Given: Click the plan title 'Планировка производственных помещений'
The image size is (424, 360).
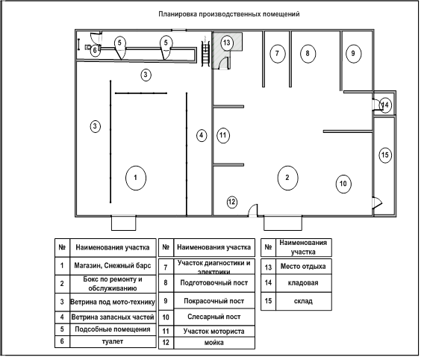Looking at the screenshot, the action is pyautogui.click(x=228, y=14).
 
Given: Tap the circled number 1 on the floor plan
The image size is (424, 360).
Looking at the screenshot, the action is pyautogui.click(x=136, y=178).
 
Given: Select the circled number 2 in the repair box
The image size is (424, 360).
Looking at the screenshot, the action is pyautogui.click(x=287, y=178).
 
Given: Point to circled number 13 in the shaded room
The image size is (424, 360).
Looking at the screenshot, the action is pyautogui.click(x=227, y=43).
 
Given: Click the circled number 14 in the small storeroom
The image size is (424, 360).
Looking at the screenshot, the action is pyautogui.click(x=385, y=105).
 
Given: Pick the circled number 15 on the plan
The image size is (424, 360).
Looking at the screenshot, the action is pyautogui.click(x=385, y=155).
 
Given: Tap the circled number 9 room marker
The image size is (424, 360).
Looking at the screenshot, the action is pyautogui.click(x=353, y=54).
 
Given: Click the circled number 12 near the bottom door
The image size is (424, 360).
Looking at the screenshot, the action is pyautogui.click(x=231, y=202).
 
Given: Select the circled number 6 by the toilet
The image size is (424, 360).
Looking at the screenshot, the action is pyautogui.click(x=95, y=50).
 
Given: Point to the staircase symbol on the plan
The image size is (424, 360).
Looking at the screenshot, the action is pyautogui.click(x=206, y=51).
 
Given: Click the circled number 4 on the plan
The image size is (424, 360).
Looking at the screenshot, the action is pyautogui.click(x=202, y=135).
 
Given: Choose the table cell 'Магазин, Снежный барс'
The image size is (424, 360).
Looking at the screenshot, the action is pyautogui.click(x=113, y=266).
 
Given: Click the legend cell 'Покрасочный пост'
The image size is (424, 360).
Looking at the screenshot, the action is pyautogui.click(x=214, y=301).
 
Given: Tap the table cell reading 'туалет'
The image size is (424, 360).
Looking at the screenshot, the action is pyautogui.click(x=113, y=341).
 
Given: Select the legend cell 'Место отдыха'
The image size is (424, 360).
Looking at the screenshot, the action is pyautogui.click(x=303, y=267).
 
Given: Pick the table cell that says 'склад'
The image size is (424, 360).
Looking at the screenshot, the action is pyautogui.click(x=303, y=301).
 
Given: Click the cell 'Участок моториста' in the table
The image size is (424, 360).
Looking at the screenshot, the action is pyautogui.click(x=214, y=332).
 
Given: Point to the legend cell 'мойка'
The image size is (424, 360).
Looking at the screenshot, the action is pyautogui.click(x=214, y=343).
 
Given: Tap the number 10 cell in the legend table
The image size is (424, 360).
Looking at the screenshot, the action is pyautogui.click(x=166, y=317).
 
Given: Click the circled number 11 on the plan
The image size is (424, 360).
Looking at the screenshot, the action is pyautogui.click(x=223, y=135).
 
